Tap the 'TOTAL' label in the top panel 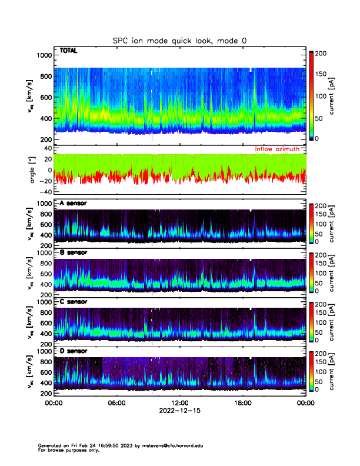(x=68, y=51)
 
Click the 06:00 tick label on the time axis (x=116, y=403)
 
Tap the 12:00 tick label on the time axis (x=179, y=403)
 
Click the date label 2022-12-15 (x=179, y=411)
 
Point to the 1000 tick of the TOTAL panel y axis (x=44, y=55)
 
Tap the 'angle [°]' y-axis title (x=34, y=170)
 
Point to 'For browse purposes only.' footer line (x=66, y=450)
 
